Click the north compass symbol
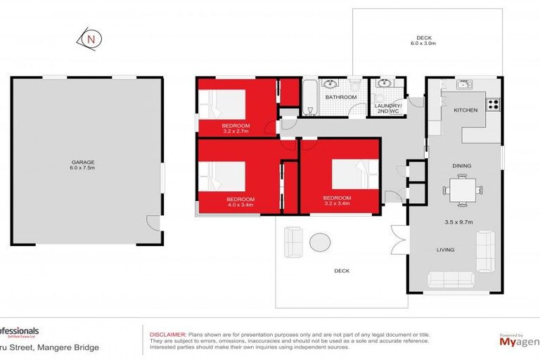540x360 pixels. coord(90,40)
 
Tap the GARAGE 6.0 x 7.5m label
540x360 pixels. coord(86,165)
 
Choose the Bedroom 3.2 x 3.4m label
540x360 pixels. coord(337,201)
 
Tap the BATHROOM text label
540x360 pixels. coord(342,98)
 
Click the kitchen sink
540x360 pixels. coord(463,86)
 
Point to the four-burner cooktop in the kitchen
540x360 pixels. coord(493,105)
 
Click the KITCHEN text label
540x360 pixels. coord(465,110)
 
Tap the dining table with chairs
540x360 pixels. coord(465,188)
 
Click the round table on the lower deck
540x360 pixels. coord(320,243)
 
